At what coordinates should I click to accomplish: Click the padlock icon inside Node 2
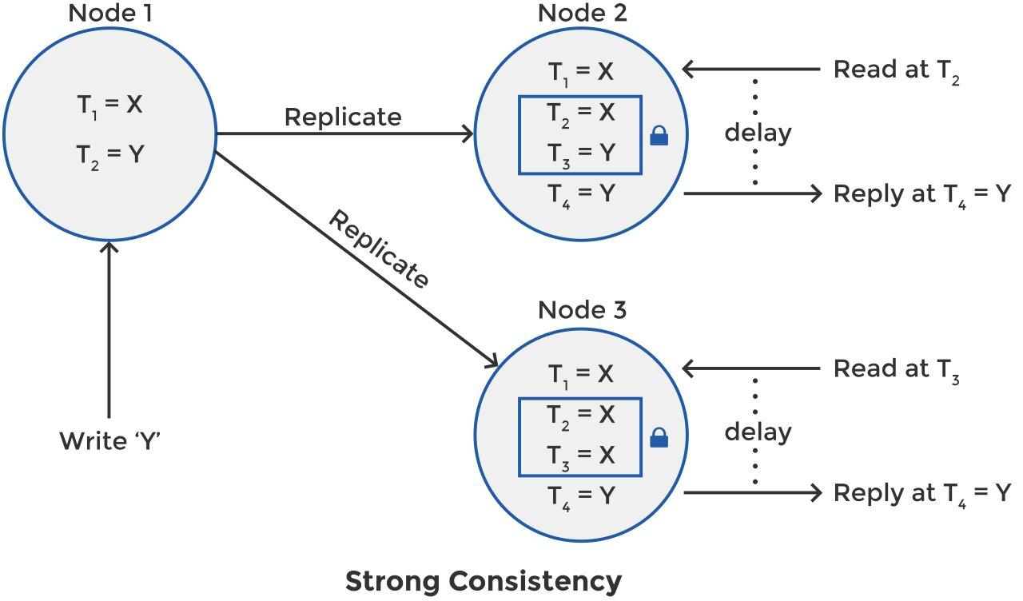(659, 137)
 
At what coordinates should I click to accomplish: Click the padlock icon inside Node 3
(659, 437)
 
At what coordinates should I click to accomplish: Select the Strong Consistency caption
(483, 581)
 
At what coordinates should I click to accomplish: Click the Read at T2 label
(896, 70)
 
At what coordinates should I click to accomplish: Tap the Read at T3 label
(896, 369)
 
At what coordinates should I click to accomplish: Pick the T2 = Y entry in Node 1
(110, 153)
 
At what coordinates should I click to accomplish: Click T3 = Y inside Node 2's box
(580, 153)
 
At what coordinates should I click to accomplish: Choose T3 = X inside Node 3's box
(580, 454)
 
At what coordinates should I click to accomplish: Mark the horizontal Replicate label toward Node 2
(343, 117)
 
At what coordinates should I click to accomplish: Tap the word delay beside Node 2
(758, 132)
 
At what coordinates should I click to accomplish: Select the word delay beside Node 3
(758, 432)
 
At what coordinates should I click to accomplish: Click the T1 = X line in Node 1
(110, 105)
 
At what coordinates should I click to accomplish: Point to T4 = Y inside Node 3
(580, 496)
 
